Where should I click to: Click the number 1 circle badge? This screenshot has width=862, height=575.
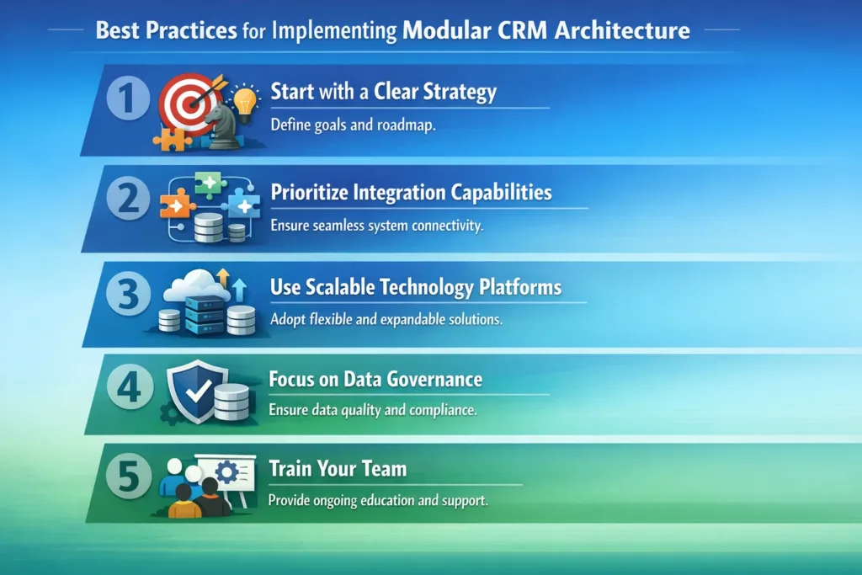tap(128, 99)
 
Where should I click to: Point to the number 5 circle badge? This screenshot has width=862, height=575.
tap(128, 477)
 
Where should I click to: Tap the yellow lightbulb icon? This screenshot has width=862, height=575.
tap(246, 100)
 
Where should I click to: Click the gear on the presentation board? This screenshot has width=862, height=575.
tap(226, 472)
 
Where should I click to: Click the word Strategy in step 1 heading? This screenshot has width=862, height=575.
tap(459, 92)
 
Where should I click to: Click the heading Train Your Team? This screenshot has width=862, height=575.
tap(337, 468)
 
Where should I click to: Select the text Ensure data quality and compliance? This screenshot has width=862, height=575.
tap(374, 411)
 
